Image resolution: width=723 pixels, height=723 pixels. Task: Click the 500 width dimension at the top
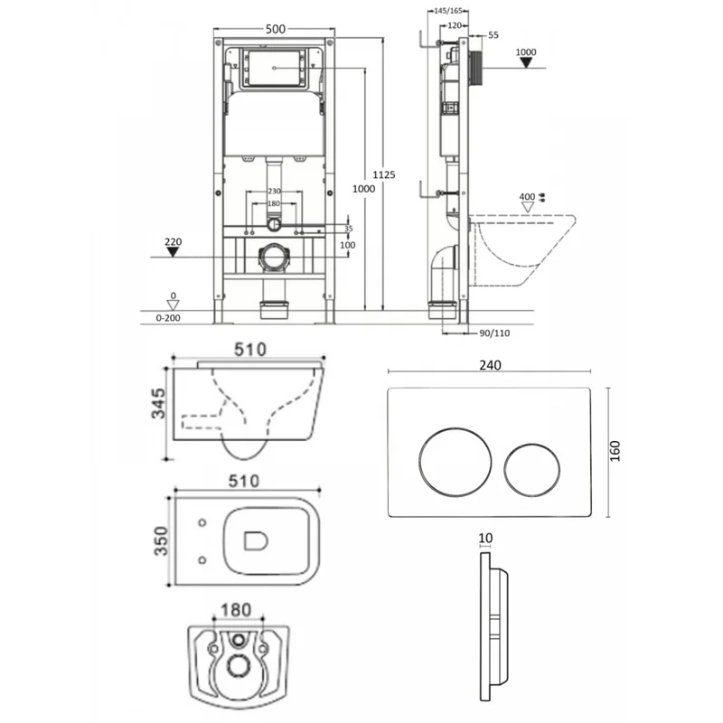tap(275, 29)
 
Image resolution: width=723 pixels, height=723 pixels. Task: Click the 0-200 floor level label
tap(169, 319)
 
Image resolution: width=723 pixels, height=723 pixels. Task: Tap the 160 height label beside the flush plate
tap(615, 452)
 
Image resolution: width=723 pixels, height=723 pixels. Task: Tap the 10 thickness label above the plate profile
tap(486, 538)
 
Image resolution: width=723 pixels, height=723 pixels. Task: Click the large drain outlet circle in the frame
tap(274, 258)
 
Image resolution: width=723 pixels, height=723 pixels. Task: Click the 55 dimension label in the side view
tap(493, 34)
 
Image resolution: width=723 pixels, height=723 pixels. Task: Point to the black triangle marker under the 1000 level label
tap(526, 65)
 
